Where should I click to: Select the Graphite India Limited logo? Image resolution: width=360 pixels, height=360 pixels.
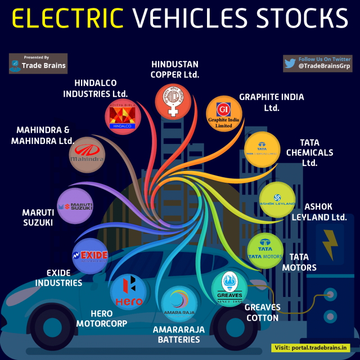point(224,114)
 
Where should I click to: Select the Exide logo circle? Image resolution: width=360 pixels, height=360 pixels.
point(90,256)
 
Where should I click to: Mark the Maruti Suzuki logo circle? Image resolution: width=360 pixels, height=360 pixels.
point(76,206)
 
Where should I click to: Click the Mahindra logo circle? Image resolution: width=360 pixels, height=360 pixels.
point(87,155)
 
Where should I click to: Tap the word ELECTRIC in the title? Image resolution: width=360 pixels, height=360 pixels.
point(67,18)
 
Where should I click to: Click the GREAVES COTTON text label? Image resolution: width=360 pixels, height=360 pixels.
point(262,313)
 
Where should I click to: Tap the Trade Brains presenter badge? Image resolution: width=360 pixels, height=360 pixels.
point(38,63)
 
